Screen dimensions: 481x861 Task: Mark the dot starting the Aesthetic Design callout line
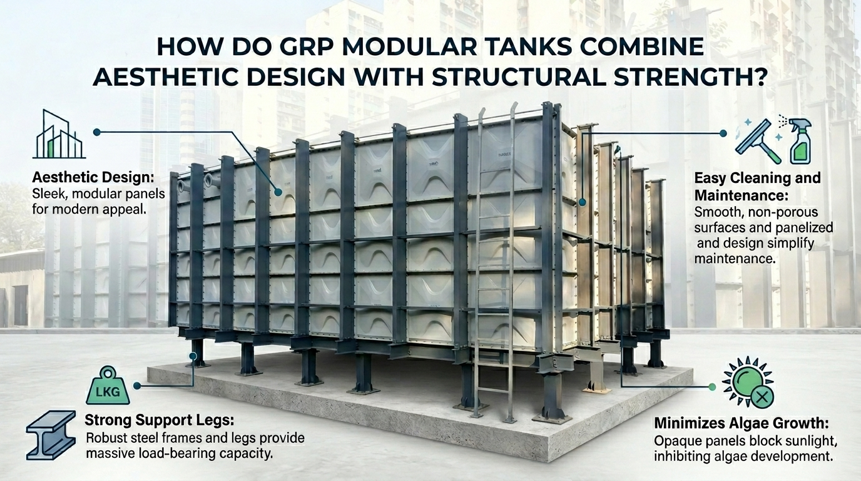(x=96, y=132)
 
